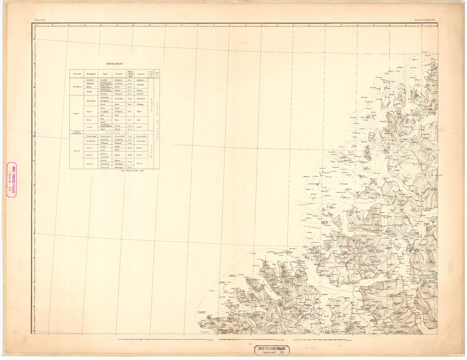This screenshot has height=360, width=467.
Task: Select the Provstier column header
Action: [x=77, y=74]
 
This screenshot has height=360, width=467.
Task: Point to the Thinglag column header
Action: [x=141, y=74]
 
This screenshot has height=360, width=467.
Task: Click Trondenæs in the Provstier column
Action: [x=77, y=87]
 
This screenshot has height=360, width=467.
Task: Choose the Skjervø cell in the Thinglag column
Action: [x=140, y=164]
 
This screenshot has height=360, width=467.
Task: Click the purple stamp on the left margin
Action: [x=12, y=179]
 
